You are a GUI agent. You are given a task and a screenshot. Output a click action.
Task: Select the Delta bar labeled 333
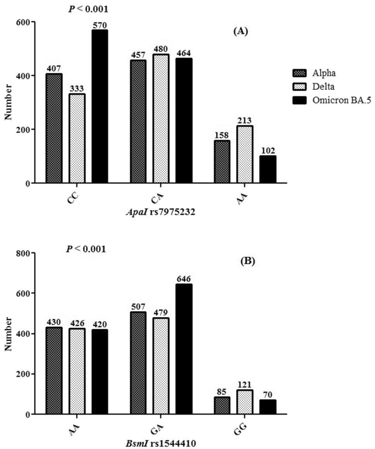tap(77, 138)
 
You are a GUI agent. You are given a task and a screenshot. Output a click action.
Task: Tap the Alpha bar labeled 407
tap(54, 128)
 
